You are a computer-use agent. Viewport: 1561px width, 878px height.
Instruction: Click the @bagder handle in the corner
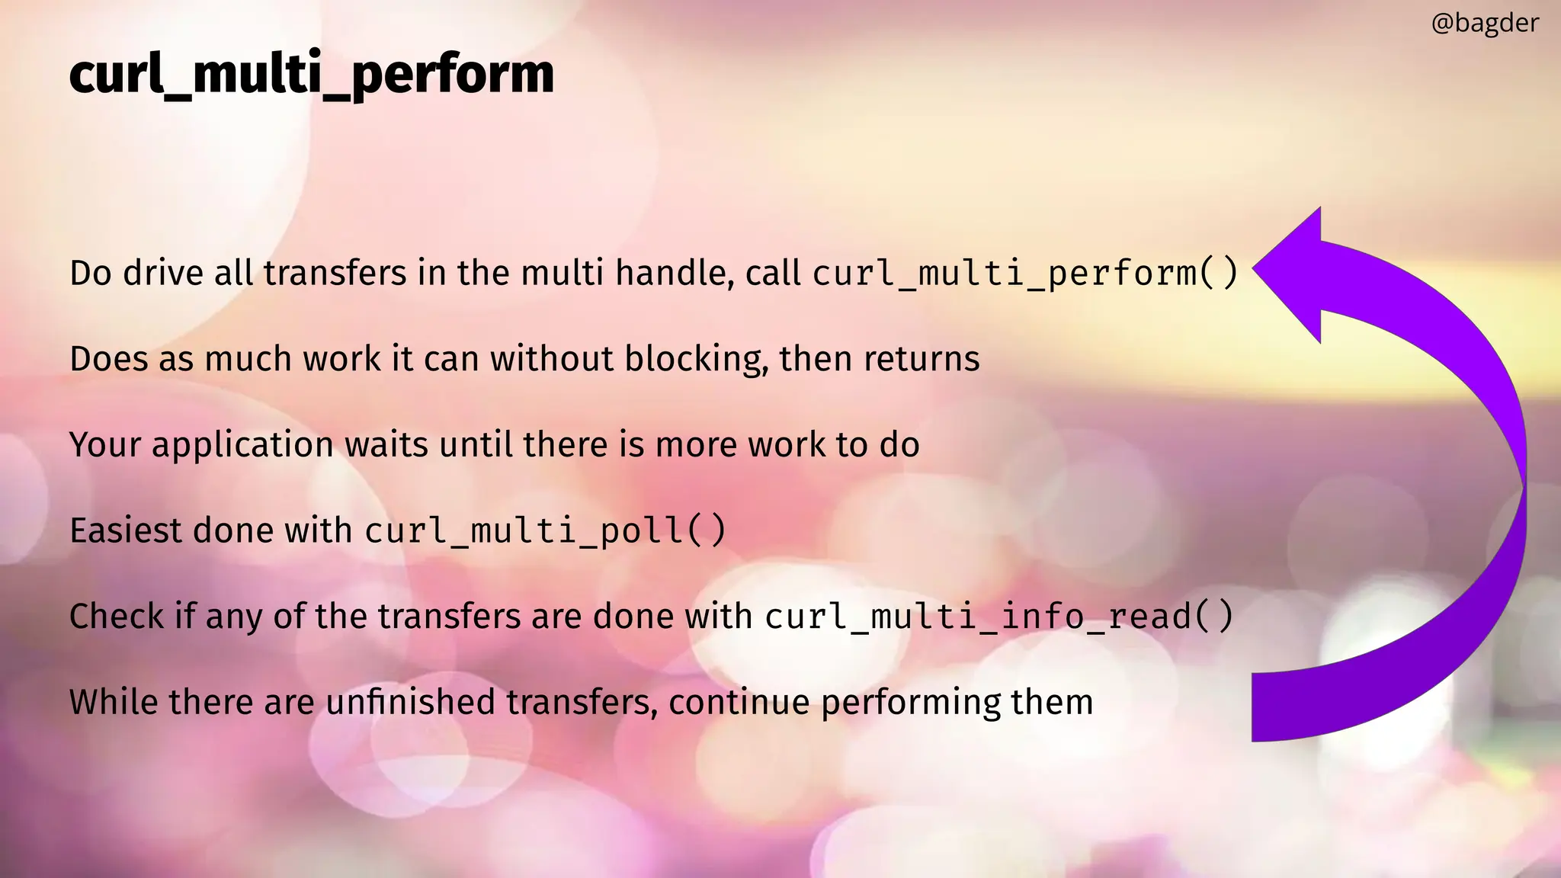pos(1485,24)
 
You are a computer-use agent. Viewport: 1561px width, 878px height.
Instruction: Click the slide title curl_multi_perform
pos(311,75)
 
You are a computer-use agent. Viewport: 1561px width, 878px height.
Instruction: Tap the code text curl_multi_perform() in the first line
pos(1025,274)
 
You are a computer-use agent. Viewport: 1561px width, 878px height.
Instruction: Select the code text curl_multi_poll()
pos(546,530)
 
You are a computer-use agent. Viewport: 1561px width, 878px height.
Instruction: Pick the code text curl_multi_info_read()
pos(998,617)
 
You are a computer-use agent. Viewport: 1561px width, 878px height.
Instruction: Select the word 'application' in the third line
pos(242,445)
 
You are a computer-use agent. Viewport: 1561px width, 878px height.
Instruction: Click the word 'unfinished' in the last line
pos(410,702)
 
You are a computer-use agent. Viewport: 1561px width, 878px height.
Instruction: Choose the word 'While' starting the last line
pos(114,702)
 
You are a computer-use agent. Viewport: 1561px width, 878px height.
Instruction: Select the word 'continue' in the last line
pos(739,702)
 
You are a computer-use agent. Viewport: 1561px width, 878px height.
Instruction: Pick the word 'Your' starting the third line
pos(105,445)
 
